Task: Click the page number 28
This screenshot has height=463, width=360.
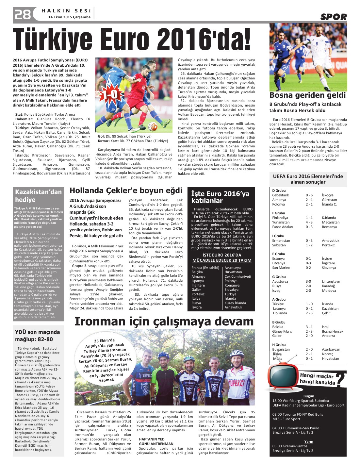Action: [x=23, y=14]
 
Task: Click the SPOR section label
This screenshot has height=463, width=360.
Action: [x=333, y=17]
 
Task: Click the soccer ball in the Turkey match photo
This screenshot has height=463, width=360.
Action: [x=153, y=126]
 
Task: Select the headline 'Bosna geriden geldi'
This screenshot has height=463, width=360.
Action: [x=307, y=95]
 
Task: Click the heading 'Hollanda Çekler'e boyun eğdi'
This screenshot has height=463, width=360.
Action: [x=126, y=190]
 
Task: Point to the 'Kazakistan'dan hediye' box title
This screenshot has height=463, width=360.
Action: [x=38, y=196]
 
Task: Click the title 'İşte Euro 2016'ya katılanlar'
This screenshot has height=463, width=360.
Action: [x=220, y=197]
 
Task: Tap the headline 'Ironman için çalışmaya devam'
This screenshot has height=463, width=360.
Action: [x=164, y=322]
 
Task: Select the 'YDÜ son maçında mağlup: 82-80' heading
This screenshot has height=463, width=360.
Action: [x=38, y=336]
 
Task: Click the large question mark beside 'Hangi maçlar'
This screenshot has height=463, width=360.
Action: [x=340, y=379]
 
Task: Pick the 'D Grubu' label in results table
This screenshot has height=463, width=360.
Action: [x=279, y=190]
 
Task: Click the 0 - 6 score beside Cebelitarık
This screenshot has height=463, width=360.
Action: [x=309, y=195]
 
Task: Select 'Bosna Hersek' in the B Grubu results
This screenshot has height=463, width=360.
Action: [x=333, y=331]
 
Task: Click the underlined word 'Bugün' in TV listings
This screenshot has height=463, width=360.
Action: [x=309, y=396]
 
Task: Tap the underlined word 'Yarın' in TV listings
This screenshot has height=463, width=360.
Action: [x=309, y=441]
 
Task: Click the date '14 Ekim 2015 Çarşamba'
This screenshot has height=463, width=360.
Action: [x=69, y=17]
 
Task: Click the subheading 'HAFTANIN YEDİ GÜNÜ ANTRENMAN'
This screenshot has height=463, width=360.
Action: [x=156, y=441]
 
